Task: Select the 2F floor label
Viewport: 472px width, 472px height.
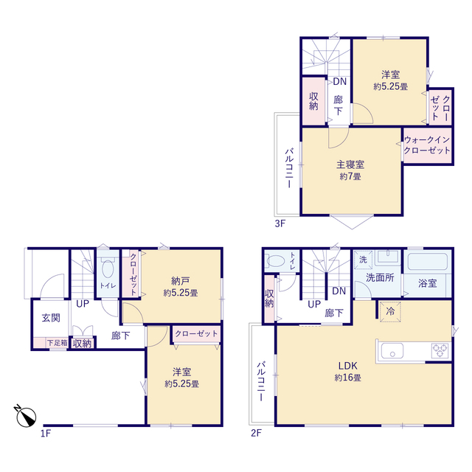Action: point(256,434)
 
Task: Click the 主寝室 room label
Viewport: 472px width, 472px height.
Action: point(350,164)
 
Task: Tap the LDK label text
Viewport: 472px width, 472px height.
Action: point(347,366)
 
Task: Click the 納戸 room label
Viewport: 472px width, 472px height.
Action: point(179,280)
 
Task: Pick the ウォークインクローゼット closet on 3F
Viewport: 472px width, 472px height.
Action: point(427,145)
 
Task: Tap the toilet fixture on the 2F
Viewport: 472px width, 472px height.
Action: point(275,260)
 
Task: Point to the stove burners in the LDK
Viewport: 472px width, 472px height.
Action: point(440,350)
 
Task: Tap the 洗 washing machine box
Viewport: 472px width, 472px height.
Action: point(363,260)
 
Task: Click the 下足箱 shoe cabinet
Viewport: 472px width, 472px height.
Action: point(56,342)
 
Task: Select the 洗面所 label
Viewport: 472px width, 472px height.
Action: point(380,277)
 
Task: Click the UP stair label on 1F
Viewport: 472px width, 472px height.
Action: point(80,303)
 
